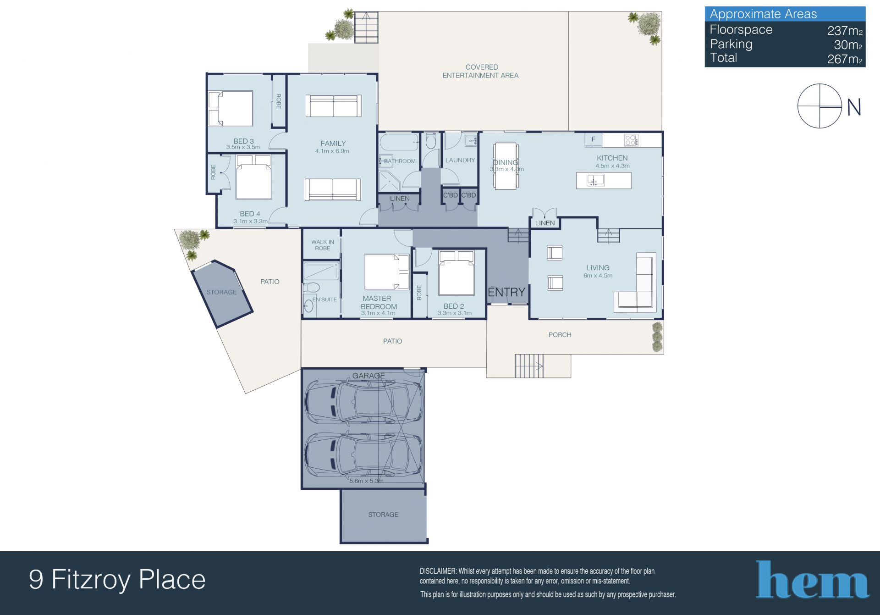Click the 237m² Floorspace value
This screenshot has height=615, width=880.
point(845,31)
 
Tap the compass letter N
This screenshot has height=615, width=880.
point(854,107)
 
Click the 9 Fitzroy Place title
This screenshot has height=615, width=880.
point(117,579)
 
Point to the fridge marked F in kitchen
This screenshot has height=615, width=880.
point(593,139)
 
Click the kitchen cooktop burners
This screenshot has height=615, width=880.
point(631,140)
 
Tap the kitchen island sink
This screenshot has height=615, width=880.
point(596,180)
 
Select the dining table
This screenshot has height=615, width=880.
point(506,166)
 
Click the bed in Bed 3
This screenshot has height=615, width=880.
point(231,109)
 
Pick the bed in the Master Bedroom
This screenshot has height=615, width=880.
point(386,271)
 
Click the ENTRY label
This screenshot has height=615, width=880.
point(506,292)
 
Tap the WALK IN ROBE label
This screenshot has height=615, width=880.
point(323,245)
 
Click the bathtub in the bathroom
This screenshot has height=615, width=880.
point(399,142)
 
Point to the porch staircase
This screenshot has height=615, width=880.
point(529,366)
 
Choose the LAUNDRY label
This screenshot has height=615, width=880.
point(460,160)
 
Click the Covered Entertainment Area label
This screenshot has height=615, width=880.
point(480,71)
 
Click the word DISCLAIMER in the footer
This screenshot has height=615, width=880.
point(438,571)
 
